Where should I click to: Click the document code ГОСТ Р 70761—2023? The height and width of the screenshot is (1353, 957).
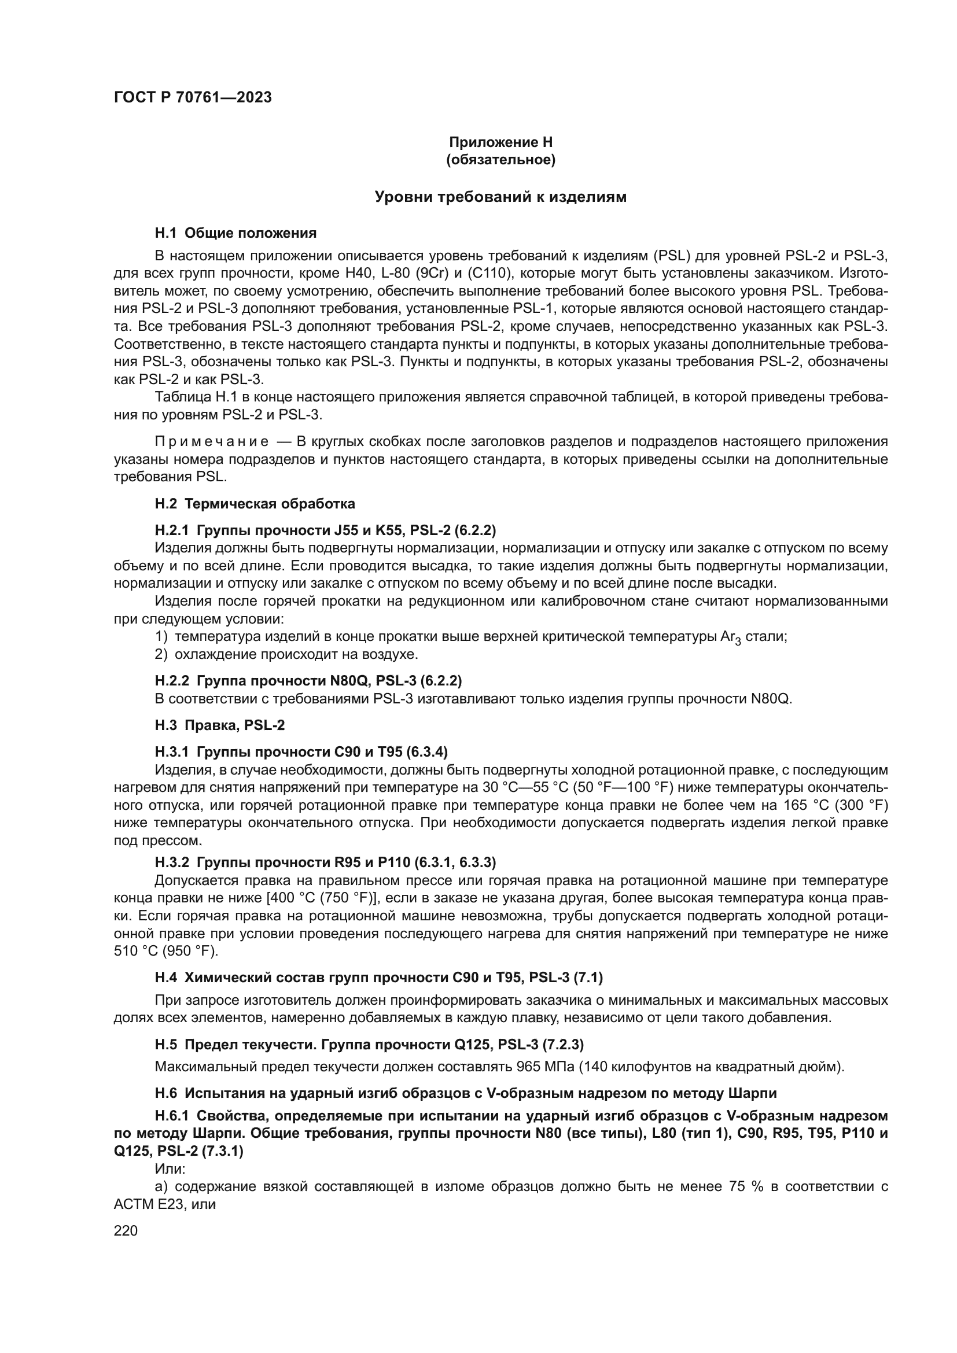(193, 98)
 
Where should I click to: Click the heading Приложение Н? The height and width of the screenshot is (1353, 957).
(501, 142)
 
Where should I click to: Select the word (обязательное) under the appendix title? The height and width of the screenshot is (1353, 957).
(501, 160)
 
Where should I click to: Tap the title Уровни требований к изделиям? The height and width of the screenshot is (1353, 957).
(501, 197)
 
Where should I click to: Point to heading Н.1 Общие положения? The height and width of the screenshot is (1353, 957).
(235, 233)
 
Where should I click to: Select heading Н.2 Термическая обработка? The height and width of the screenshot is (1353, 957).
(255, 504)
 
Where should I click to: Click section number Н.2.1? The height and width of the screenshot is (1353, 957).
(172, 530)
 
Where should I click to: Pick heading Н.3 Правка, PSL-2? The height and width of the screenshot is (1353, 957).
(220, 725)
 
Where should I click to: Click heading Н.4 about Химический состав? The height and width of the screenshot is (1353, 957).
(378, 978)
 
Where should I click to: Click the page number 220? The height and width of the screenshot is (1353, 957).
(126, 1231)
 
